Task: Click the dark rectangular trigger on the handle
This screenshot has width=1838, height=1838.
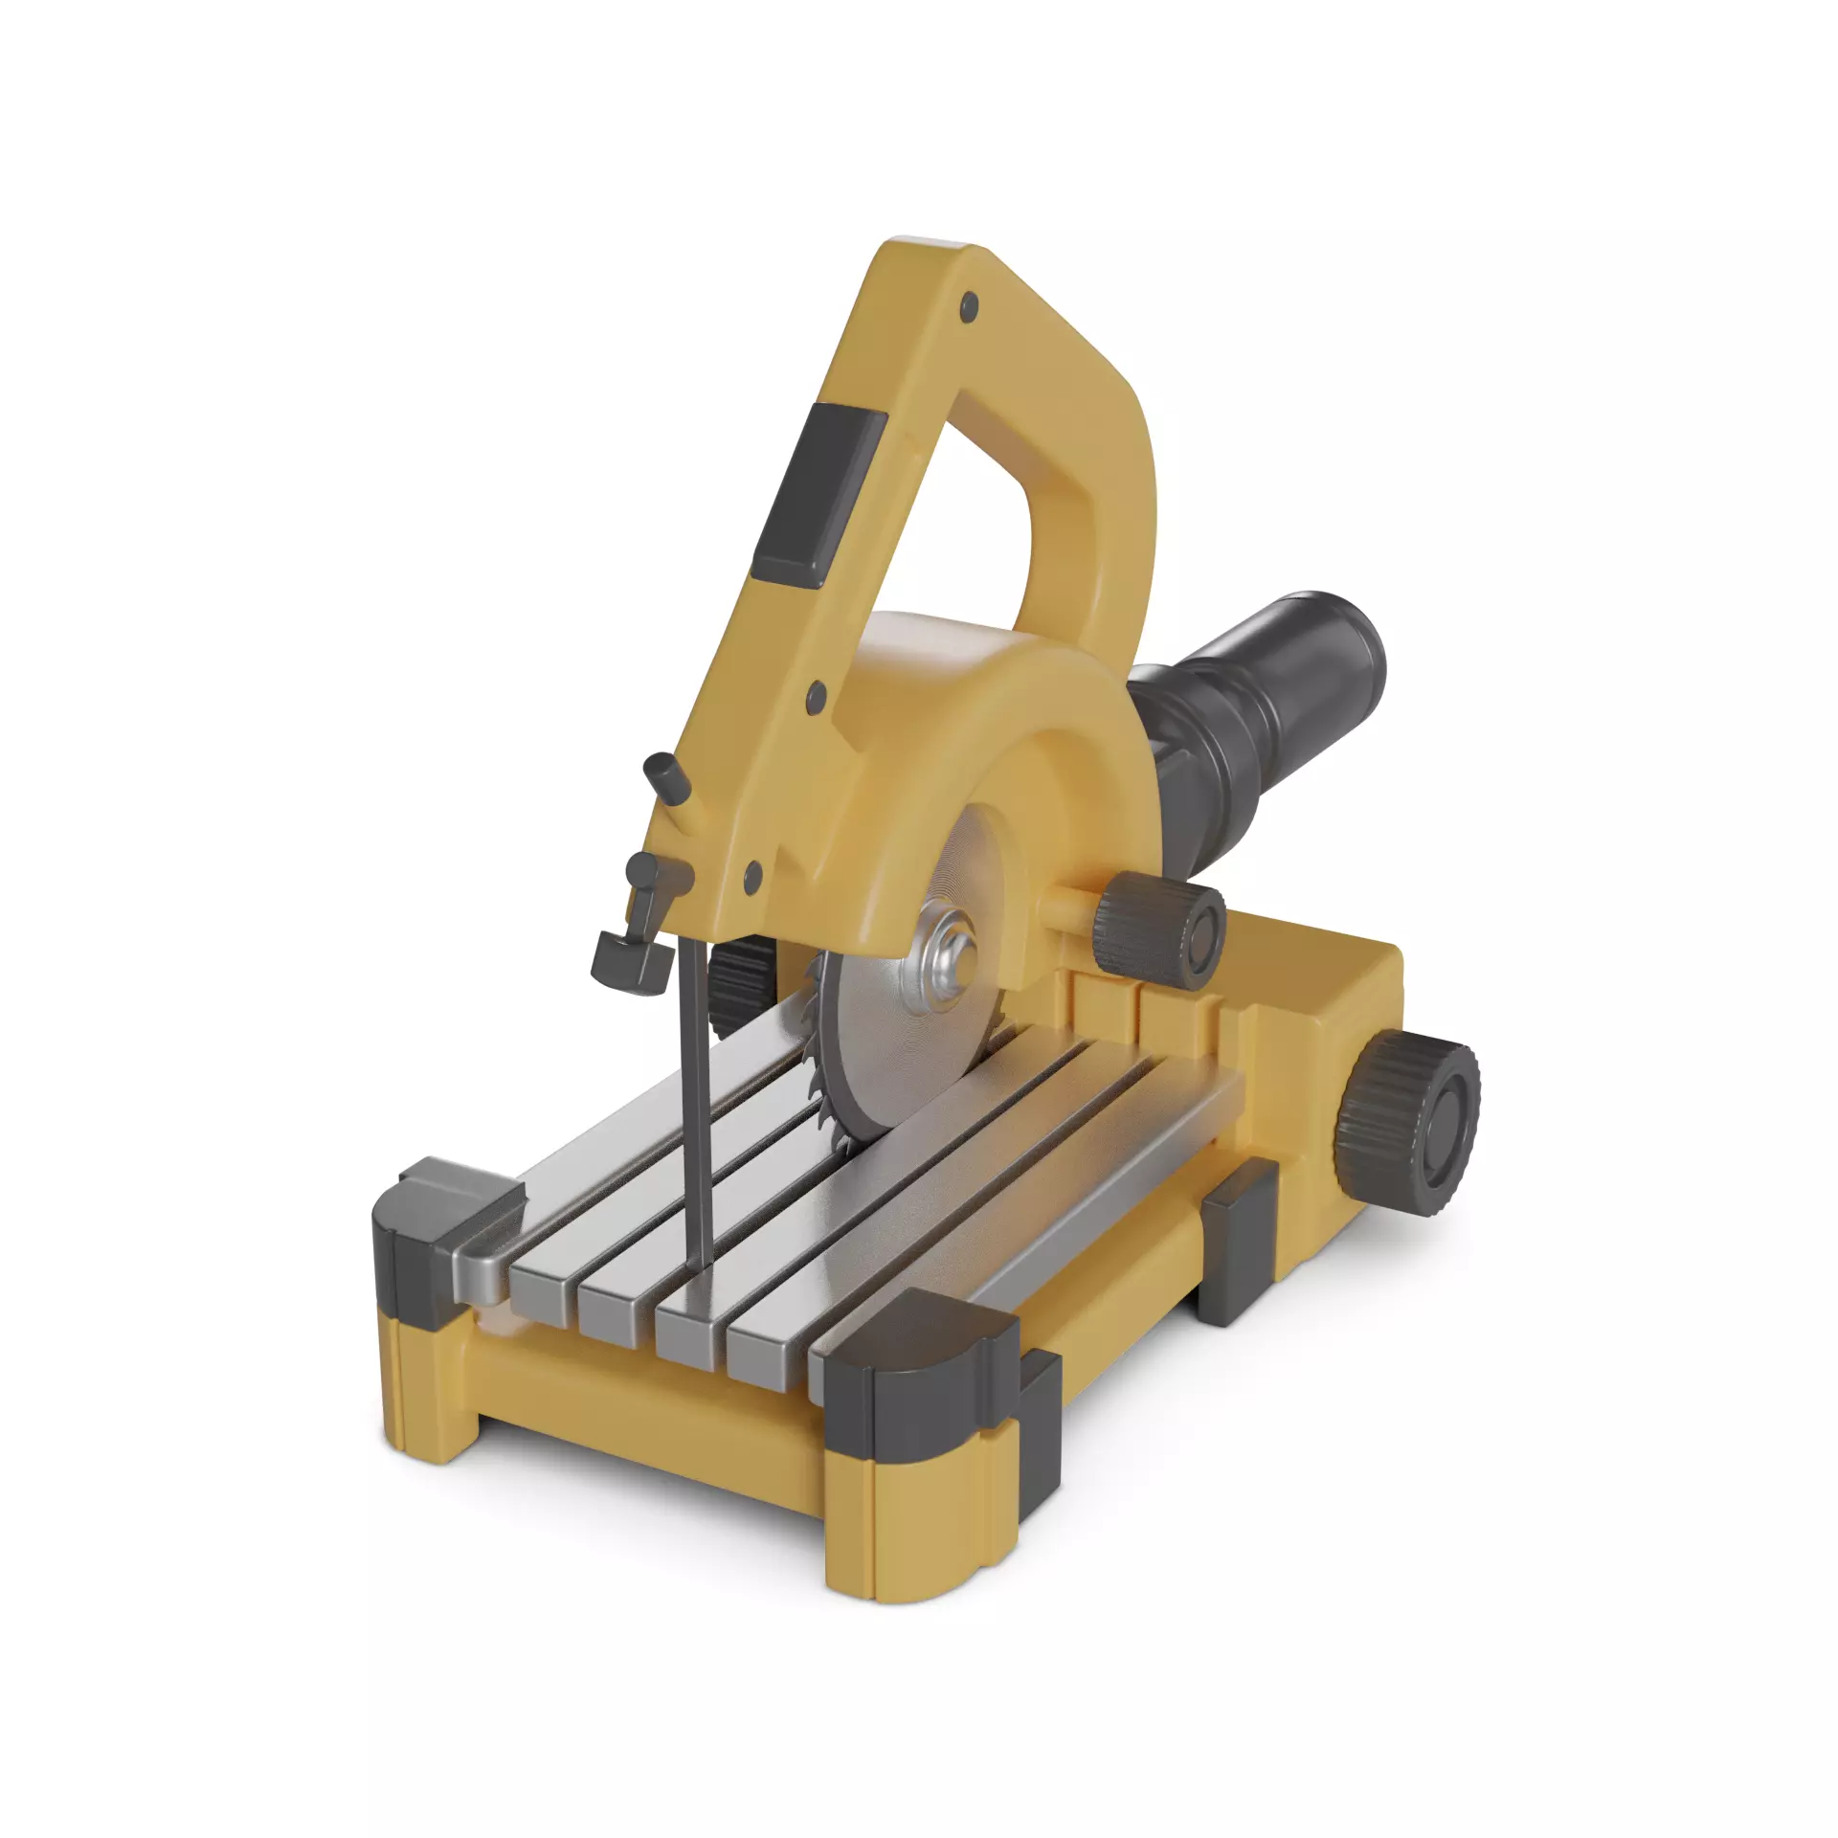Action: point(818,495)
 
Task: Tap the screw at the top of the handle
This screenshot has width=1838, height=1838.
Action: point(970,307)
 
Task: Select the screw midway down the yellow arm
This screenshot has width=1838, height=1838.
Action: point(817,697)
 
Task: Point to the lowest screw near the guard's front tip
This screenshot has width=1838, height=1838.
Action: point(753,872)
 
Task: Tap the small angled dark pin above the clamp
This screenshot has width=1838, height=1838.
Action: point(667,775)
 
